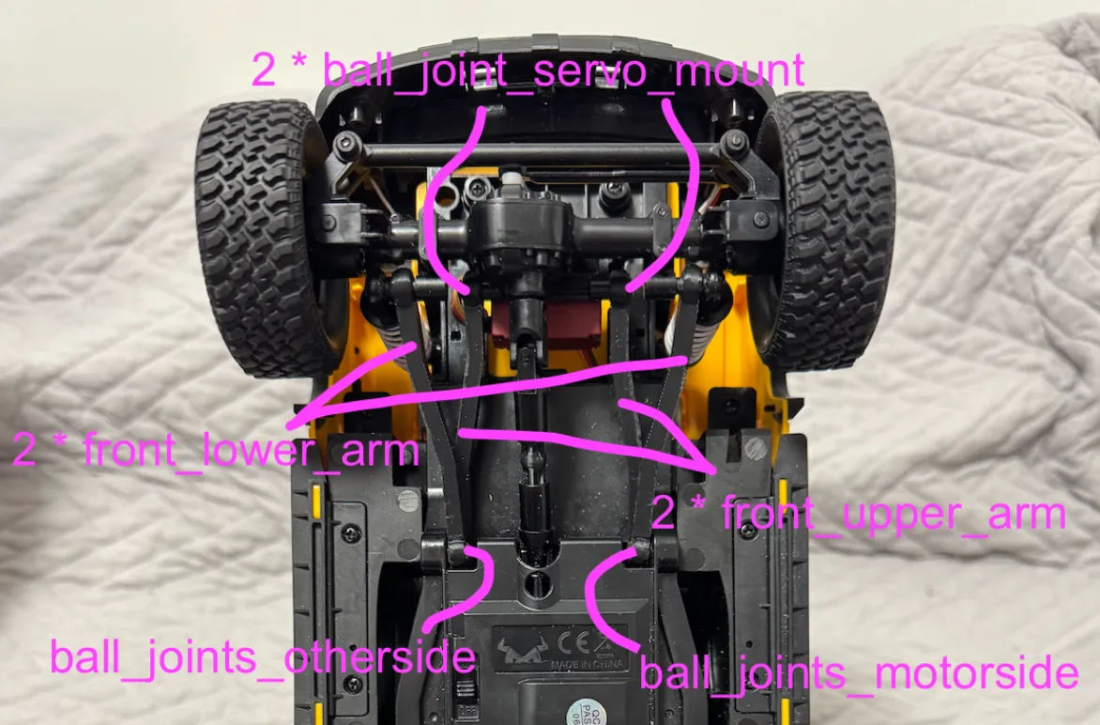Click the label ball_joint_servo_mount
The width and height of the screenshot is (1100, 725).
click(x=527, y=71)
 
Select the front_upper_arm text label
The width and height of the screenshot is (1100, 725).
click(x=858, y=514)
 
